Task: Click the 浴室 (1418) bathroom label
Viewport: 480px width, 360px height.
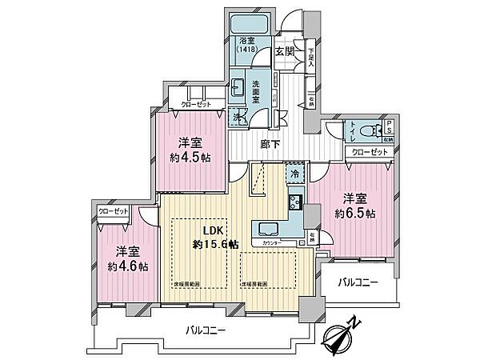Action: (x=245, y=45)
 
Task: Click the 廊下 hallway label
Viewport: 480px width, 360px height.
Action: (x=270, y=144)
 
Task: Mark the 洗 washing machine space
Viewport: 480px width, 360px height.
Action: (x=238, y=117)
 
